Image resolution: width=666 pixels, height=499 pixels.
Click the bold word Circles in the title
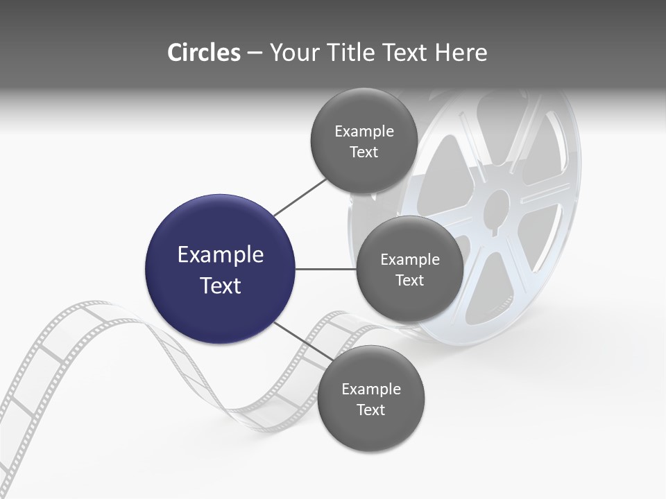203,53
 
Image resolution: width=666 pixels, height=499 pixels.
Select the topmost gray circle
364,141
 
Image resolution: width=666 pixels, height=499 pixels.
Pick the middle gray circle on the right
409,270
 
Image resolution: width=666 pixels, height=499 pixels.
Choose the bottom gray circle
370,399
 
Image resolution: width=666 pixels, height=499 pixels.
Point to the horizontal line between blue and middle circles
325,269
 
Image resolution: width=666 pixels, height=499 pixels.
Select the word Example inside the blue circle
220,255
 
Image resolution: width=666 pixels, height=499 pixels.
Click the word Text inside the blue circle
220,286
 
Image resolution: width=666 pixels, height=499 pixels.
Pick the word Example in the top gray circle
364,132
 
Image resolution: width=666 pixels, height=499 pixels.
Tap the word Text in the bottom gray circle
370,410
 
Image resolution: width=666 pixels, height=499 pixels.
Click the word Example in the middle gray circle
409,260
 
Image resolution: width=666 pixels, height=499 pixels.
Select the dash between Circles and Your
254,53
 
